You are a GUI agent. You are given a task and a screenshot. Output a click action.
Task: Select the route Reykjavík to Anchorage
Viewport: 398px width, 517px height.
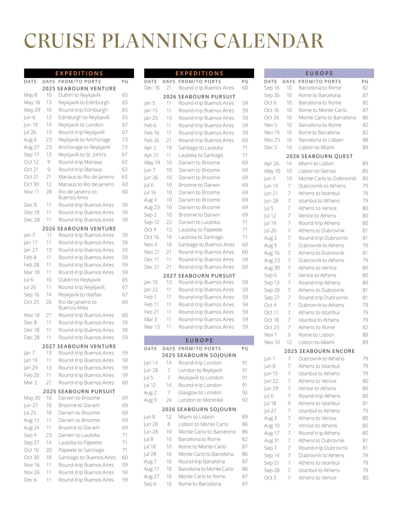[x=84, y=140]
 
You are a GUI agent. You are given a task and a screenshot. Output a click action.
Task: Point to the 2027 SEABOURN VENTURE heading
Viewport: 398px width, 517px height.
[x=79, y=346]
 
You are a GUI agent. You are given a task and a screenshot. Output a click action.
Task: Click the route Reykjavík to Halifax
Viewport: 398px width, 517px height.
[x=80, y=295]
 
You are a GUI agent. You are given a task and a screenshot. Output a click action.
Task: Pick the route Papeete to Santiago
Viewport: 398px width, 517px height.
[x=81, y=450]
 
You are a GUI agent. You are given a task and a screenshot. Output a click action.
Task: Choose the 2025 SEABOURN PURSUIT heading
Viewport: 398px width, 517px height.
[x=79, y=391]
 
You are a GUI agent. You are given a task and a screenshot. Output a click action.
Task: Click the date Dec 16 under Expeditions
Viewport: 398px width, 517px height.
[x=152, y=88]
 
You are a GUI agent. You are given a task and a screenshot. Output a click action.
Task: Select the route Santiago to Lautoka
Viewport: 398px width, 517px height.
[x=201, y=148]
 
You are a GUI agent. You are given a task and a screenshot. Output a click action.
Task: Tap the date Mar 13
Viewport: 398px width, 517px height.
[x=152, y=327]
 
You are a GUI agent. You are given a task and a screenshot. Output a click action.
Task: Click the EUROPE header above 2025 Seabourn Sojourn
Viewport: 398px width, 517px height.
[x=199, y=340]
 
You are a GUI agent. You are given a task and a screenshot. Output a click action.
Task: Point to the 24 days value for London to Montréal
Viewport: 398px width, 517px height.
[x=169, y=400]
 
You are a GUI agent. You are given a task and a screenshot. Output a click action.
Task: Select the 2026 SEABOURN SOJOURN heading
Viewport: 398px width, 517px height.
[x=199, y=409]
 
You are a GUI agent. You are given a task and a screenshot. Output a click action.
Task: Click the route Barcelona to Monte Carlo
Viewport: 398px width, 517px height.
[x=206, y=469]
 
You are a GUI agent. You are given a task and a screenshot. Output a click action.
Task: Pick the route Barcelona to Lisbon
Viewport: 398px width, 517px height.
[x=321, y=140]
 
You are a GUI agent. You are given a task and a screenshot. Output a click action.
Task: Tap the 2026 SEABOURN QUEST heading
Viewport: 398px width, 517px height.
[x=319, y=156]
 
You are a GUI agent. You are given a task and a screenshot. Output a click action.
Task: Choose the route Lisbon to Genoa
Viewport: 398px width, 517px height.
[x=317, y=171]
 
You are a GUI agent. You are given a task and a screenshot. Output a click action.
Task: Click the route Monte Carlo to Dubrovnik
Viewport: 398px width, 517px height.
[x=327, y=178]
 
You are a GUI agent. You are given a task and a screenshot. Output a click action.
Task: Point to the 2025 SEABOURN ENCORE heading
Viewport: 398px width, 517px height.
[x=319, y=351]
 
